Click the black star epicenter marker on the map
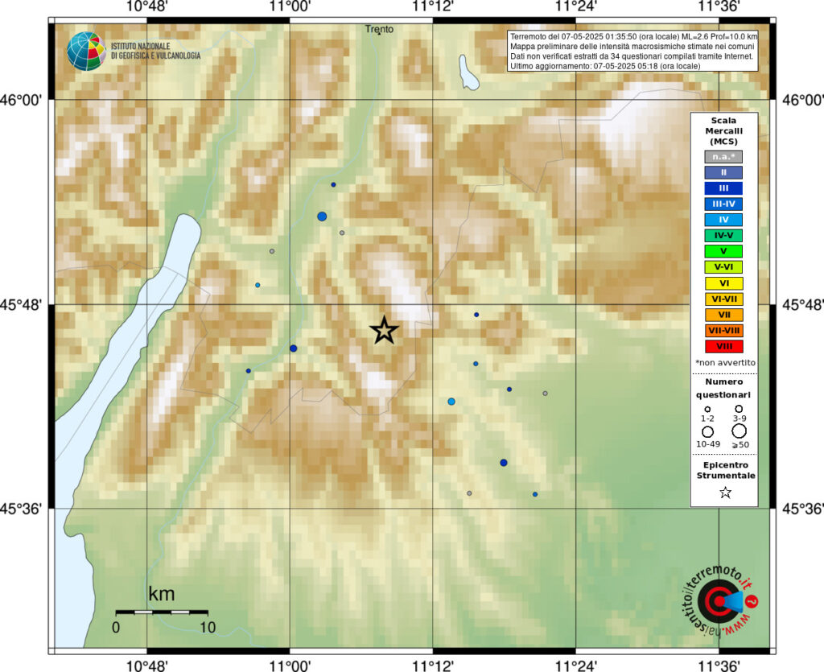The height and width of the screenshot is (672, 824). [x=385, y=329]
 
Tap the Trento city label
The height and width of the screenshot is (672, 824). [x=379, y=29]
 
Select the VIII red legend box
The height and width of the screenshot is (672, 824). [x=724, y=346]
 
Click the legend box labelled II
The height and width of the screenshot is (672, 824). [x=724, y=171]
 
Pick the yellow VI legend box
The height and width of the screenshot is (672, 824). [x=724, y=282]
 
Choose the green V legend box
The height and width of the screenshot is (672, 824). [x=724, y=251]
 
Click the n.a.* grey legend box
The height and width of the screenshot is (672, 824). [x=724, y=156]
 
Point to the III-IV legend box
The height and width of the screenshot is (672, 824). [x=724, y=204]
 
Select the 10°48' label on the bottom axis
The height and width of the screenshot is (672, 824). [x=146, y=663]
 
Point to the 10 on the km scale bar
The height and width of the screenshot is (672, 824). [x=208, y=627]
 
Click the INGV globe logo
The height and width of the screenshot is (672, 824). [x=86, y=51]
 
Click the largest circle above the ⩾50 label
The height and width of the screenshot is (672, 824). [x=740, y=431]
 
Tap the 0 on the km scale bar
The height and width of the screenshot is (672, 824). [x=116, y=627]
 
